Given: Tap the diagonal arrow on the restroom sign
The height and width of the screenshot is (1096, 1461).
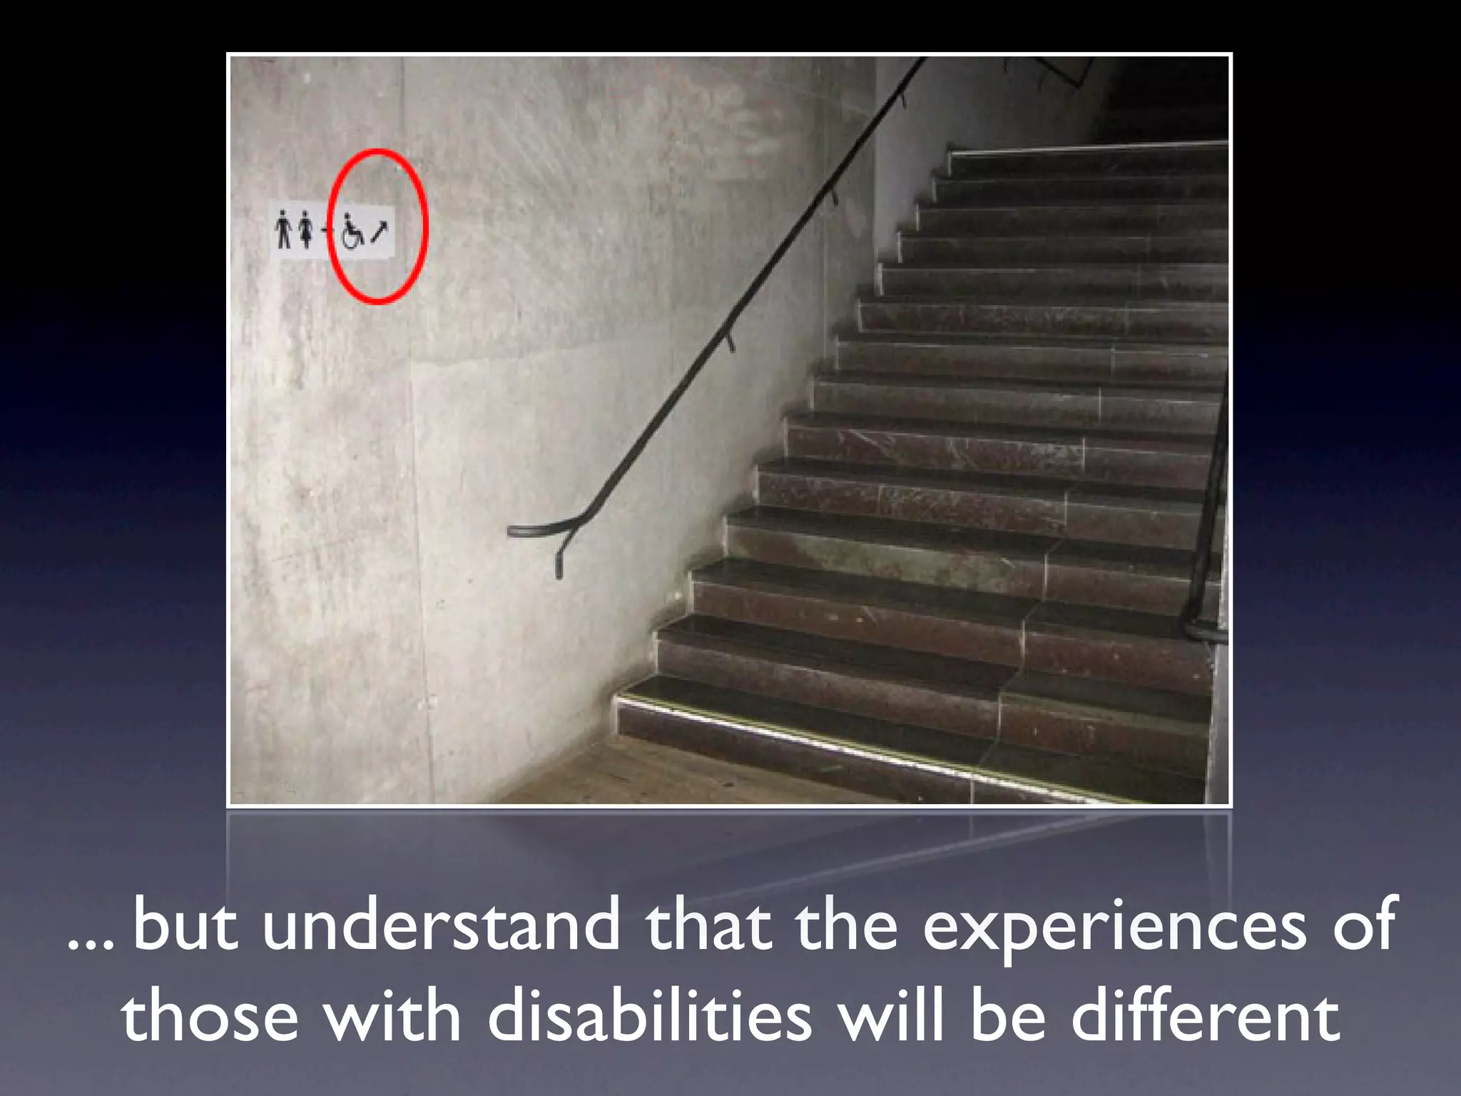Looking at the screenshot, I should pos(380,230).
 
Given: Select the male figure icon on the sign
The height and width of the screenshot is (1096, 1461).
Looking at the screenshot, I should pos(284,229).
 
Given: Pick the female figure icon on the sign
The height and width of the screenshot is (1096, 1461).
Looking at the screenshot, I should pos(306,229).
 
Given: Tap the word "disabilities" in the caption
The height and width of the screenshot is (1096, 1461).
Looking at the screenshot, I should pos(649,1016).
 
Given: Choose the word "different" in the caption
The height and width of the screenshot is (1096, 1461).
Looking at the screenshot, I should pos(1205,1016).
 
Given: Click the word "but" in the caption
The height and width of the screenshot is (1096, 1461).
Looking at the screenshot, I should pos(185,925).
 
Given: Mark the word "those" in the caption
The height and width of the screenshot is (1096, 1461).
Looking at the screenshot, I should pos(210,1016).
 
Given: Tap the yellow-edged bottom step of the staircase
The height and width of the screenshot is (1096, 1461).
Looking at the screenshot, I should pos(820,742).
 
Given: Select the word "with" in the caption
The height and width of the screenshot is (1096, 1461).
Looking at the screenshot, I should pos(392,1016).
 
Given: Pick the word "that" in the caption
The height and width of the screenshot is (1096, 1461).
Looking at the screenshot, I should pos(709,925).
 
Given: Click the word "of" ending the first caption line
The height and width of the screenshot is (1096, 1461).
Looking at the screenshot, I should pos(1364,925).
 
